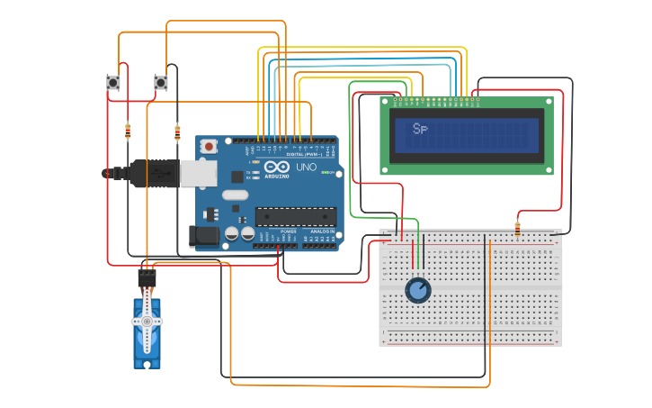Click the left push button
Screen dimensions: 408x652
tap(113, 83)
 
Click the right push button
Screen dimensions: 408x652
tap(161, 83)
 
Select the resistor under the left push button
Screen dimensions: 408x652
tap(128, 131)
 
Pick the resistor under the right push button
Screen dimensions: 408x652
tap(177, 131)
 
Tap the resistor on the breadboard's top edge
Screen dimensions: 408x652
tap(517, 229)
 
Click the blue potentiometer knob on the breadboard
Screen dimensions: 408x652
tap(417, 290)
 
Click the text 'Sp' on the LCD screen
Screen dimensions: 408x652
tap(420, 129)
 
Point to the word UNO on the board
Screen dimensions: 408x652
tap(306, 168)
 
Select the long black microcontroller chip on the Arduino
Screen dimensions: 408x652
tap(296, 216)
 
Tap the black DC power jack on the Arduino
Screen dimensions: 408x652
tap(204, 236)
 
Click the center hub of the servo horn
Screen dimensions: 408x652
tap(147, 321)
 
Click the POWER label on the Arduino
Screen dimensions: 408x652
tap(289, 231)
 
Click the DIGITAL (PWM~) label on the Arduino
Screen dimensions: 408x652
tap(300, 154)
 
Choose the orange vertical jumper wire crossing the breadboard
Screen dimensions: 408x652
tap(489, 306)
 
